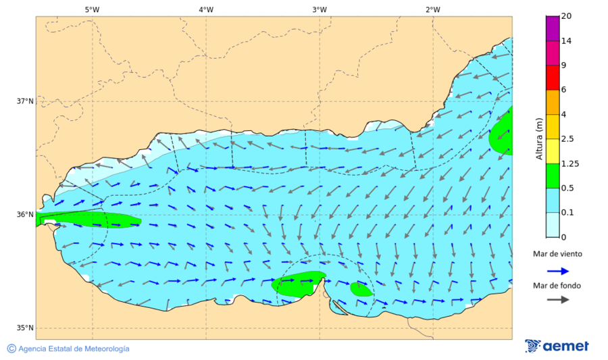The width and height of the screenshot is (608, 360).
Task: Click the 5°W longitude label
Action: (92, 9)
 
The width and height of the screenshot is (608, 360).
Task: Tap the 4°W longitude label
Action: (205, 9)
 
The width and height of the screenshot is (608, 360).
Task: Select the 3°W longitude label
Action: (319, 9)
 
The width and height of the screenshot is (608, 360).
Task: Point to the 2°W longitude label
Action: (432, 9)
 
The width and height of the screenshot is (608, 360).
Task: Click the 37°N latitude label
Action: (25, 101)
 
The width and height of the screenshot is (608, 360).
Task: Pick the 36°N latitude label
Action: (25, 215)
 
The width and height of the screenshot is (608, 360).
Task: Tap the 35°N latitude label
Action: (25, 328)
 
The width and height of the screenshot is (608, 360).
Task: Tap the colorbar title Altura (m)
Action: (539, 139)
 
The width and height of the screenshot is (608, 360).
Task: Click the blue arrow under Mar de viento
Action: (557, 270)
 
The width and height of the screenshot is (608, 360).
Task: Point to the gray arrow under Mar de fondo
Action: (557, 300)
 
